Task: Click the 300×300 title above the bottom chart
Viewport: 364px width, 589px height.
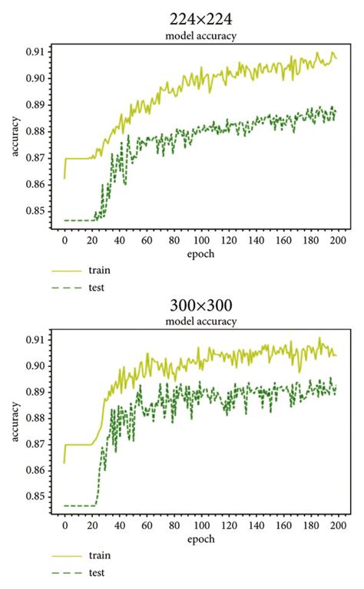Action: [201, 308]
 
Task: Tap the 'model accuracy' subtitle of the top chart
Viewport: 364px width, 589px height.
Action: [201, 36]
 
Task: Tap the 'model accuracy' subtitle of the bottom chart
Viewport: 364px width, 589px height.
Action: [201, 322]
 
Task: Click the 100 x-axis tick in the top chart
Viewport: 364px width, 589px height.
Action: [200, 239]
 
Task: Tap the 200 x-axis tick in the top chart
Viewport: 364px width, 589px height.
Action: [336, 239]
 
